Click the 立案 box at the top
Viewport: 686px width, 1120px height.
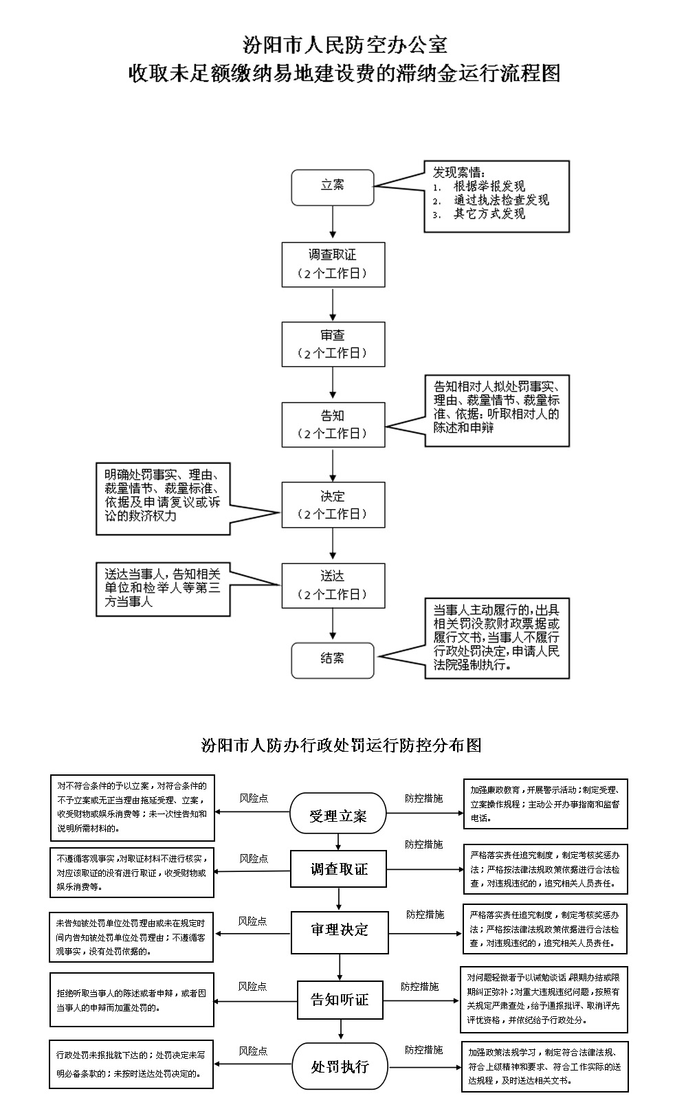click(x=333, y=187)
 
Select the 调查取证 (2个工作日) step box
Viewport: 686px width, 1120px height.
click(x=333, y=265)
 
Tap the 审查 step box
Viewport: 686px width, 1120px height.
click(x=333, y=344)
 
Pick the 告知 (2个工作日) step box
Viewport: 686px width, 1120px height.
click(x=333, y=425)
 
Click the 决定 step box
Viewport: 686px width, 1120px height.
click(x=333, y=505)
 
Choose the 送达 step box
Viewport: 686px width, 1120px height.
click(x=333, y=585)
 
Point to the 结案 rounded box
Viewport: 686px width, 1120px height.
click(x=333, y=660)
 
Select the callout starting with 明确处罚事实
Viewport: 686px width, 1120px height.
click(x=162, y=498)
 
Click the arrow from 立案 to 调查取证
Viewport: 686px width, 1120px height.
click(x=333, y=223)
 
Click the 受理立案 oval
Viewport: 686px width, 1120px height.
click(x=338, y=816)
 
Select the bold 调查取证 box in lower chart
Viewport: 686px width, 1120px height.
click(x=338, y=869)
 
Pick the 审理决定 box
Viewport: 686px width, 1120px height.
click(x=340, y=930)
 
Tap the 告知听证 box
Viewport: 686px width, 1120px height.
click(x=340, y=999)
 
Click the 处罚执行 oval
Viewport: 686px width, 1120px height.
click(x=340, y=1066)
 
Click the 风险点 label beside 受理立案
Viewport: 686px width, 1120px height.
click(x=254, y=798)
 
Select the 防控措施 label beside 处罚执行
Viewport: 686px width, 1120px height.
click(x=423, y=1051)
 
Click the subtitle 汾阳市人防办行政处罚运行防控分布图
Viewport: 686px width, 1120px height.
click(x=341, y=746)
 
